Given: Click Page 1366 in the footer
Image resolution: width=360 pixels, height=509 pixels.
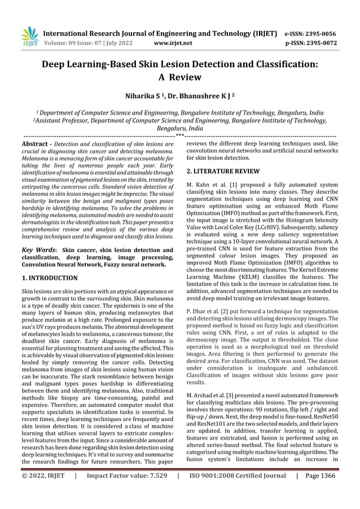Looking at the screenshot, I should (x=319, y=491).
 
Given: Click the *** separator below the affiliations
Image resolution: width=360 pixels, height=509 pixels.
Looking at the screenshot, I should (x=179, y=136).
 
